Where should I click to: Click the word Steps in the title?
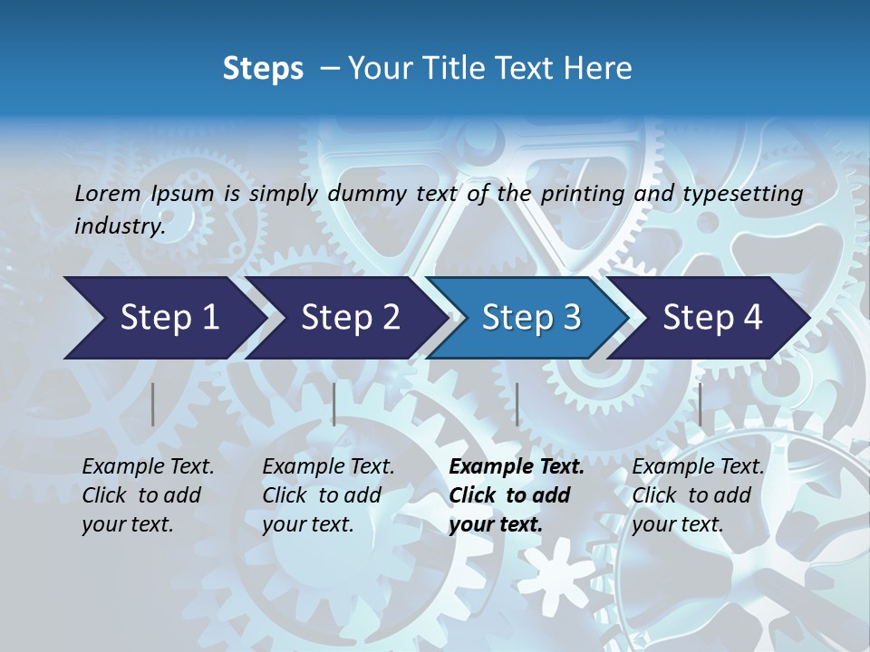click(263, 68)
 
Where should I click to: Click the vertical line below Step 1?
click(153, 404)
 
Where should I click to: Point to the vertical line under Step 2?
click(334, 404)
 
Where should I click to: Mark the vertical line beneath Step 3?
click(517, 404)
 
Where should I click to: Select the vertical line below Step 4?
click(700, 404)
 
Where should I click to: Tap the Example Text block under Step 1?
click(148, 495)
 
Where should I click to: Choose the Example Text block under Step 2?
click(328, 495)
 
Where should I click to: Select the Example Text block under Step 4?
click(698, 495)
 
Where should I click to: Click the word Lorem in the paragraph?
click(107, 193)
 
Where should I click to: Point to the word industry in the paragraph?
click(119, 225)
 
